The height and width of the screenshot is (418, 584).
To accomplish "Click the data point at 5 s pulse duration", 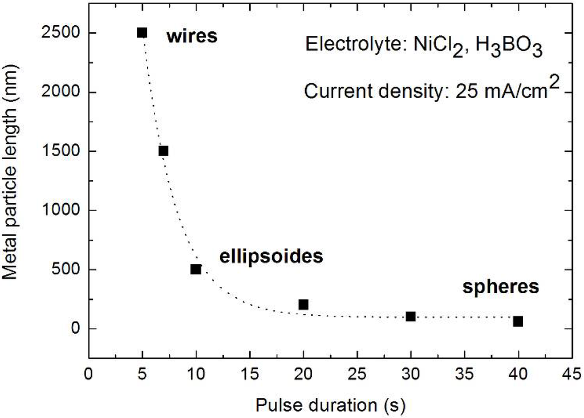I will [142, 33].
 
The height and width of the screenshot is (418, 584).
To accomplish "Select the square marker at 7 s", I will [164, 151].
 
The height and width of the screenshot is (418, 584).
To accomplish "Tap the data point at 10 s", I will [196, 269].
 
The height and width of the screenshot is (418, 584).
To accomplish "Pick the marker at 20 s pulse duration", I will [303, 305].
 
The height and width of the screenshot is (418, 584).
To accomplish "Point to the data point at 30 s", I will [411, 316].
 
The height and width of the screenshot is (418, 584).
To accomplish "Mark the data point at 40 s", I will [518, 321].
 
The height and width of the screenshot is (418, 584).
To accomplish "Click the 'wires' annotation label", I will [192, 37].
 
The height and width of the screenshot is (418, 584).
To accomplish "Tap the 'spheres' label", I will [500, 286].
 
